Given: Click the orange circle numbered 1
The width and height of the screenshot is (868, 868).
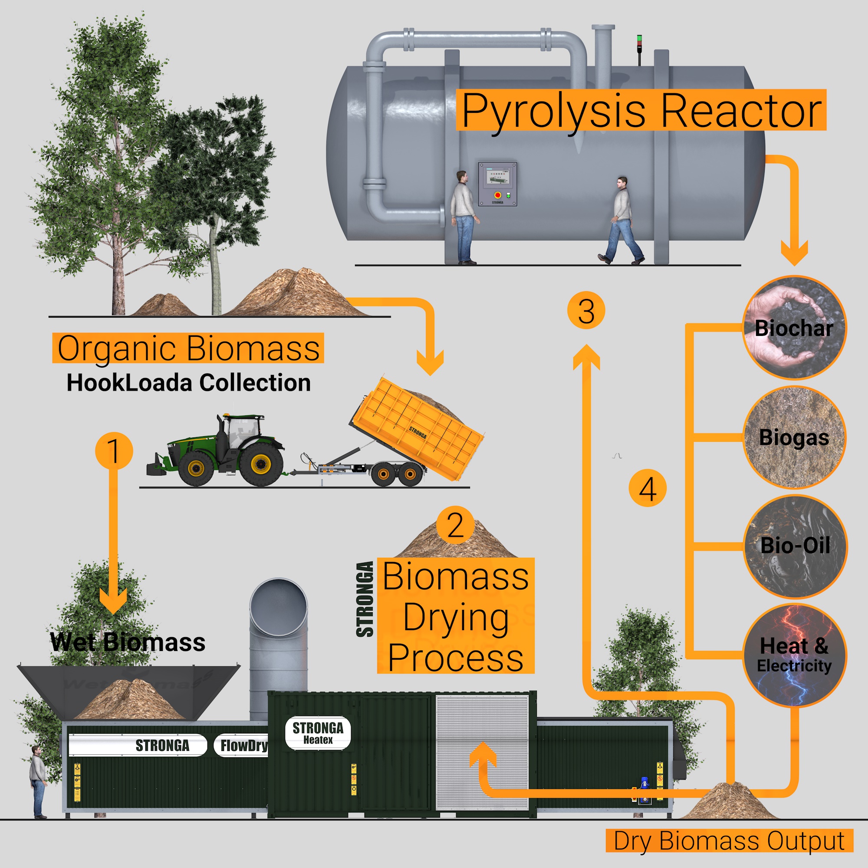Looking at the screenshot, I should pyautogui.click(x=114, y=450).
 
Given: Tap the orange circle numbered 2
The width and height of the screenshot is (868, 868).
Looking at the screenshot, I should pyautogui.click(x=455, y=525).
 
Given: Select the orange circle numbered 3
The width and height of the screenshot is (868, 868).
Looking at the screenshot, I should pyautogui.click(x=586, y=310).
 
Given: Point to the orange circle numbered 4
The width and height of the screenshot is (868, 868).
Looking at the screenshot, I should pyautogui.click(x=647, y=488).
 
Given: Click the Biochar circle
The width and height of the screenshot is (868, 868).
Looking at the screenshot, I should pyautogui.click(x=794, y=328).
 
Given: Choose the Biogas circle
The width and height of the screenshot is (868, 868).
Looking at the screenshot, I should pyautogui.click(x=794, y=437).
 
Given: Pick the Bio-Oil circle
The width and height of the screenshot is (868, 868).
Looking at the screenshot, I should pyautogui.click(x=795, y=546).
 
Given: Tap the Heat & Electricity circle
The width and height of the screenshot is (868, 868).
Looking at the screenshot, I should pyautogui.click(x=794, y=655).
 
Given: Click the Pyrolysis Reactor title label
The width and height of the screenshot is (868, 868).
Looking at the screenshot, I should pyautogui.click(x=641, y=111).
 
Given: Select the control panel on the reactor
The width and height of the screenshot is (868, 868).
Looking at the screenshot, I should pyautogui.click(x=497, y=184).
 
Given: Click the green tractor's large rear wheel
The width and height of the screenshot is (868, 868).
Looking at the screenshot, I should pyautogui.click(x=261, y=464).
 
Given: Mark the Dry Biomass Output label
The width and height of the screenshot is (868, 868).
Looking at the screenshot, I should pyautogui.click(x=729, y=841).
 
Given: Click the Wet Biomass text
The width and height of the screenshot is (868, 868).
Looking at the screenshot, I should pyautogui.click(x=128, y=642).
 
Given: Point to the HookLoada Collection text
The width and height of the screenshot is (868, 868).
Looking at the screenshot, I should pyautogui.click(x=189, y=383).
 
